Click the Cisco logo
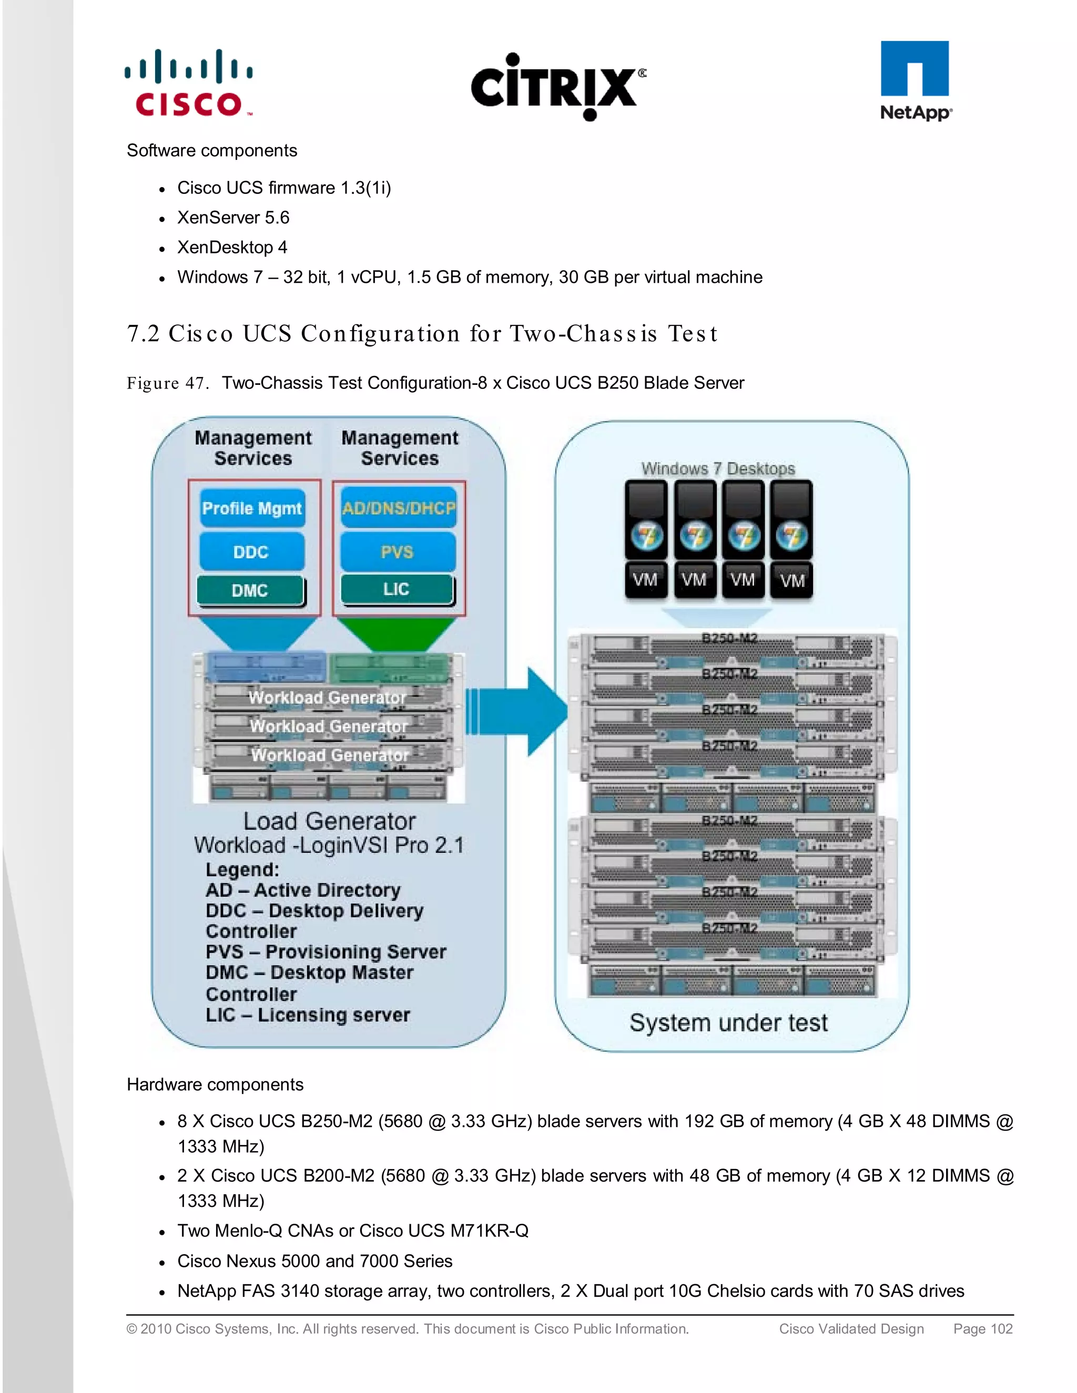189,84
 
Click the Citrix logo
557,87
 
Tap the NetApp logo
915,81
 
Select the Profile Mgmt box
252,508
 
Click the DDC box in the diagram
251,552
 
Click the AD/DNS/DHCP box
399,508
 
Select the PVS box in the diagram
398,552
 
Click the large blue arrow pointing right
520,711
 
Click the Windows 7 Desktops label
718,468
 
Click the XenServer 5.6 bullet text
233,218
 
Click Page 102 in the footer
982,1328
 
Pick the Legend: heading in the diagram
242,869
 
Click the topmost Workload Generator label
327,697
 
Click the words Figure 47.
167,383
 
